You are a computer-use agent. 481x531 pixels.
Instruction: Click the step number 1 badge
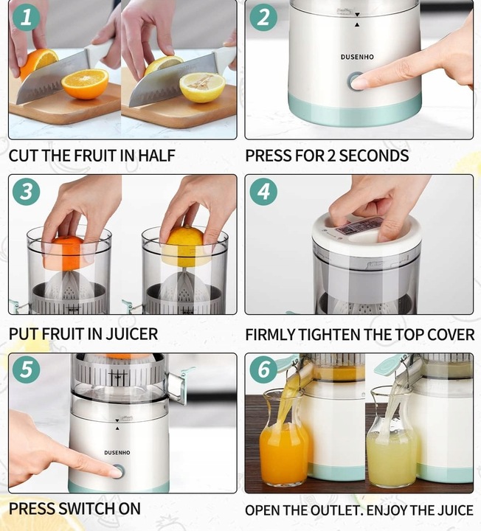[x=26, y=17]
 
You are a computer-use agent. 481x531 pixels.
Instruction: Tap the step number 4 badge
[x=263, y=191]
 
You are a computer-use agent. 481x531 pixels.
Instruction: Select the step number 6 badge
[x=263, y=369]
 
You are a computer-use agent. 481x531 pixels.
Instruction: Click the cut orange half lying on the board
[x=85, y=83]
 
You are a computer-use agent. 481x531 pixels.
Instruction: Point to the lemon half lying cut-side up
[x=203, y=87]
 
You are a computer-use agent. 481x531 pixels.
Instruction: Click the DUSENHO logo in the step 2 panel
[x=357, y=57]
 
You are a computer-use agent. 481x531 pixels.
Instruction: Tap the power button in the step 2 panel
[x=356, y=81]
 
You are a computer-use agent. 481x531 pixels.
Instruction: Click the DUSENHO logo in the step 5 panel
[x=117, y=452]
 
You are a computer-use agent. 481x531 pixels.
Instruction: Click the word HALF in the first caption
[x=156, y=156]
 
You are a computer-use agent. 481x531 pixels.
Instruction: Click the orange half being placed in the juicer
[x=63, y=252]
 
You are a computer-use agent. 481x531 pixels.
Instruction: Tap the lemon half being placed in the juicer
[x=186, y=246]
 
